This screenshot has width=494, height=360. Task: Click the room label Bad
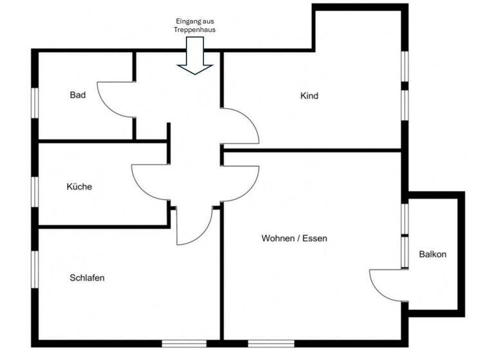pyautogui.click(x=78, y=95)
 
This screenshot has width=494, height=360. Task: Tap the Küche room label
pyautogui.click(x=79, y=187)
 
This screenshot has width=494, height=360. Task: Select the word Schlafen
pyautogui.click(x=87, y=278)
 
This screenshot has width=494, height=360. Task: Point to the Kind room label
pyautogui.click(x=309, y=96)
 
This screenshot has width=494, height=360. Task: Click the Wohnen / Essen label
pyautogui.click(x=294, y=239)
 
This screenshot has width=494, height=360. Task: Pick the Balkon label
pyautogui.click(x=432, y=255)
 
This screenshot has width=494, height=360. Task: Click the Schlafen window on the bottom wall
pyautogui.click(x=184, y=343)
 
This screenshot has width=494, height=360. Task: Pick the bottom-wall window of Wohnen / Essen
pyautogui.click(x=270, y=343)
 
